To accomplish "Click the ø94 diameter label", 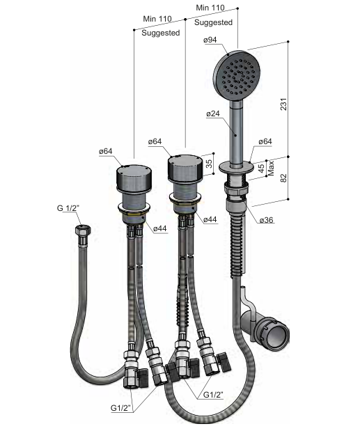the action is [x=210, y=40].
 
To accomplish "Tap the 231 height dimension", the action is [x=283, y=104].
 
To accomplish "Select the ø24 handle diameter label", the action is [x=213, y=113].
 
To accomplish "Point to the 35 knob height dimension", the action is [x=209, y=164].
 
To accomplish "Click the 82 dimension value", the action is [x=283, y=178].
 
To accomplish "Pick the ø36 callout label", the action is [x=266, y=220].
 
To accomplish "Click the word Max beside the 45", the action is [x=271, y=168].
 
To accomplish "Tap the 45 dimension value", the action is [x=261, y=168].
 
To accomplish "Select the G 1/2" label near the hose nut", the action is [x=68, y=208].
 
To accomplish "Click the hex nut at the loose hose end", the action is [x=83, y=230].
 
